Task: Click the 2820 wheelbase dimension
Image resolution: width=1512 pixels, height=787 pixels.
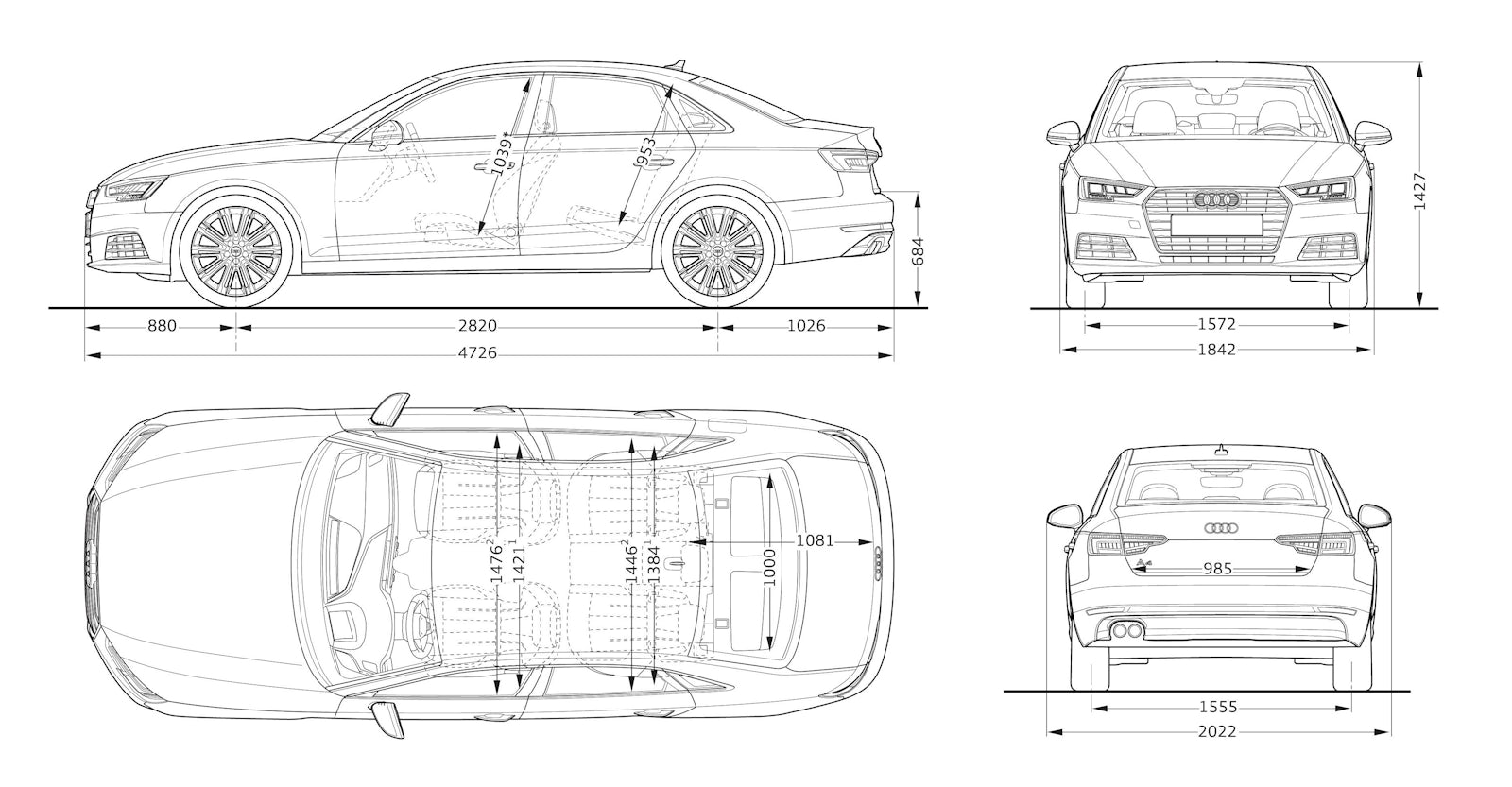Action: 477,327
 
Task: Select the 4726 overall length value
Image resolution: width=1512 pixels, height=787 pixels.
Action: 477,354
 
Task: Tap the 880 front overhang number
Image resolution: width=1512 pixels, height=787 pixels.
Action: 162,327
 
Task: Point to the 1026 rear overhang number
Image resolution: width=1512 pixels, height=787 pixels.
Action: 806,327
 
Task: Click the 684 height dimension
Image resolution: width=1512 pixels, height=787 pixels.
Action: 917,251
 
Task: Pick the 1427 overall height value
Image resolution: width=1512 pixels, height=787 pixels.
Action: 1419,191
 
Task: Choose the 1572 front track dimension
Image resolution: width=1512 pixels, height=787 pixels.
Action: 1216,325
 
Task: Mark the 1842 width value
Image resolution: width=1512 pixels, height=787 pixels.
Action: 1216,350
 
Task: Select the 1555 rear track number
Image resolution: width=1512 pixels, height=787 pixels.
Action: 1218,707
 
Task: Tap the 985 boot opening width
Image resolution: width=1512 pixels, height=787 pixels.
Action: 1218,569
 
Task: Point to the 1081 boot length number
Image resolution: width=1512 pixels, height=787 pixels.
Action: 814,541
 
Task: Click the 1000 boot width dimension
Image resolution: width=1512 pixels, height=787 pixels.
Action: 769,568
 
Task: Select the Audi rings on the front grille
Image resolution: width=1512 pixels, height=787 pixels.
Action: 1217,200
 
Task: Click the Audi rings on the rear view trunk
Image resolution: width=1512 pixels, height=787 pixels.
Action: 1218,527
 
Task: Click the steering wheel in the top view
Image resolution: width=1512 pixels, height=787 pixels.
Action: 416,624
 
